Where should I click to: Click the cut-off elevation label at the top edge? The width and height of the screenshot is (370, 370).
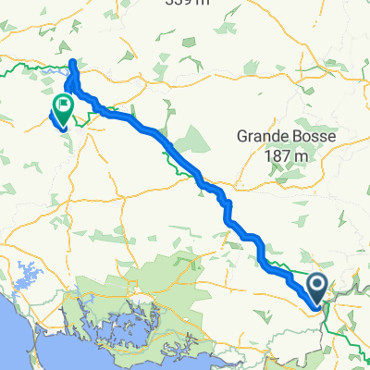click(195, 4)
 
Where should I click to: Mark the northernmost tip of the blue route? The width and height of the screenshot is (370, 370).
click(73, 62)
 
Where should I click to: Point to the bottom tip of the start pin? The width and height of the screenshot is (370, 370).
click(317, 305)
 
